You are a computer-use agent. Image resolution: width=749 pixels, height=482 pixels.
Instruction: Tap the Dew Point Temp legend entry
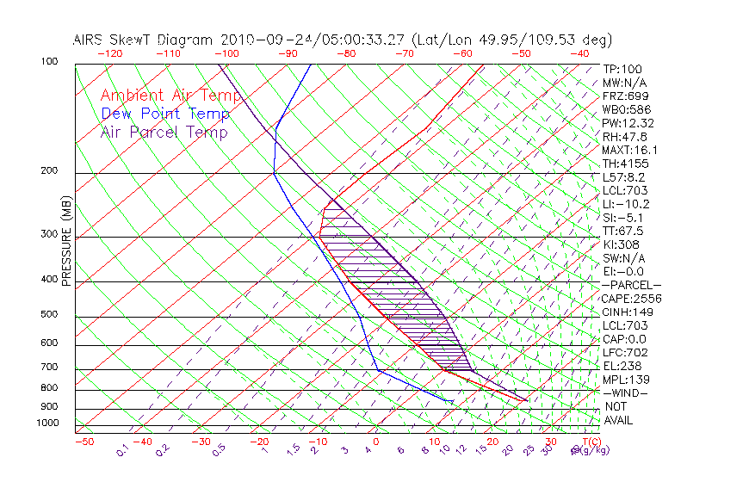tap(165, 114)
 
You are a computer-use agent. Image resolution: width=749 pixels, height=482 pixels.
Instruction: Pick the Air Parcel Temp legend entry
tap(164, 132)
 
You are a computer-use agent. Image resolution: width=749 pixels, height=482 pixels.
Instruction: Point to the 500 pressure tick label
tap(50, 316)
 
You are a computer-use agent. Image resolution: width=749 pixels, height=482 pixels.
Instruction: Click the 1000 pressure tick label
tap(46, 423)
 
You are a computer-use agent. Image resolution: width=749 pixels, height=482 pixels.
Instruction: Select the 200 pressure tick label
tap(50, 171)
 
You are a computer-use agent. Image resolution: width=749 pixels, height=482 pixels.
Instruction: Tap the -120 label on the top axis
tap(108, 53)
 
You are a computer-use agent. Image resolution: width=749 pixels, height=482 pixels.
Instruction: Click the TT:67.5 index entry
tap(622, 231)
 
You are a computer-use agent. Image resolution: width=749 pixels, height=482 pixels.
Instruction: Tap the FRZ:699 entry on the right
tap(622, 96)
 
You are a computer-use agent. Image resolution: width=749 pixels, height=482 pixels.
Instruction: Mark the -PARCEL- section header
tap(631, 285)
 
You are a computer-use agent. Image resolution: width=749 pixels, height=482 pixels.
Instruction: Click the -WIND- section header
tap(626, 393)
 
